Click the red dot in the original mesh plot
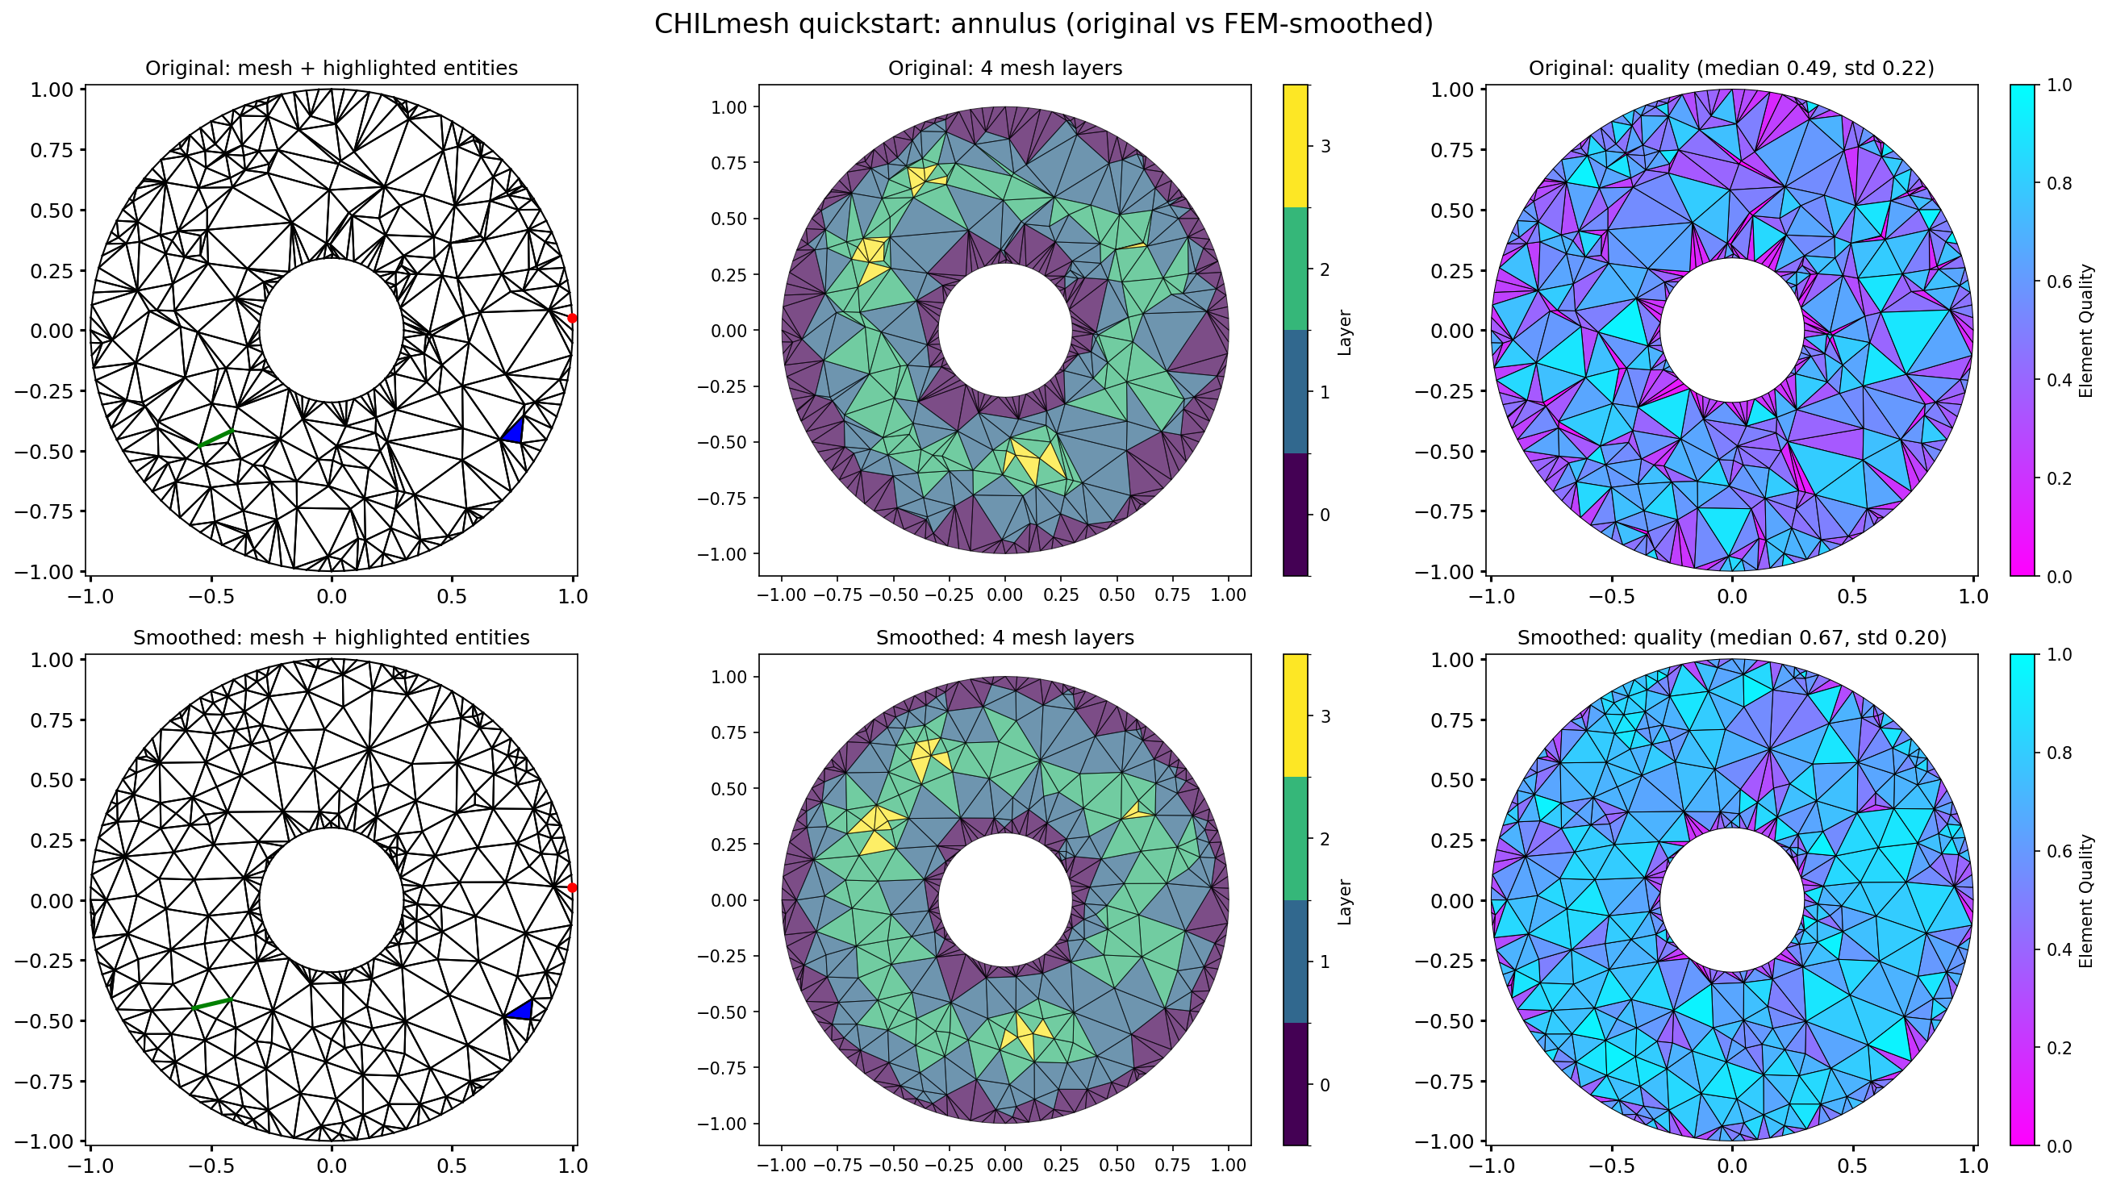572,318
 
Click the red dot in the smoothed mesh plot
572,887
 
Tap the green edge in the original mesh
217,438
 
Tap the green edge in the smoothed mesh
213,1003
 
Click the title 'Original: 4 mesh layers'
1005,68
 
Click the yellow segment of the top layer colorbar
1296,146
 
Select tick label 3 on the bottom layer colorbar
1325,717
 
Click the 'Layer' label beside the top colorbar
1344,332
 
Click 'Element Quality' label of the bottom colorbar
2086,900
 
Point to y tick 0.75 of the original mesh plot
52,150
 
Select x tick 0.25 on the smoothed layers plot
1061,1165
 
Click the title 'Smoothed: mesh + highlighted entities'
332,637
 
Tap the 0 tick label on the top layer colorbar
1325,515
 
